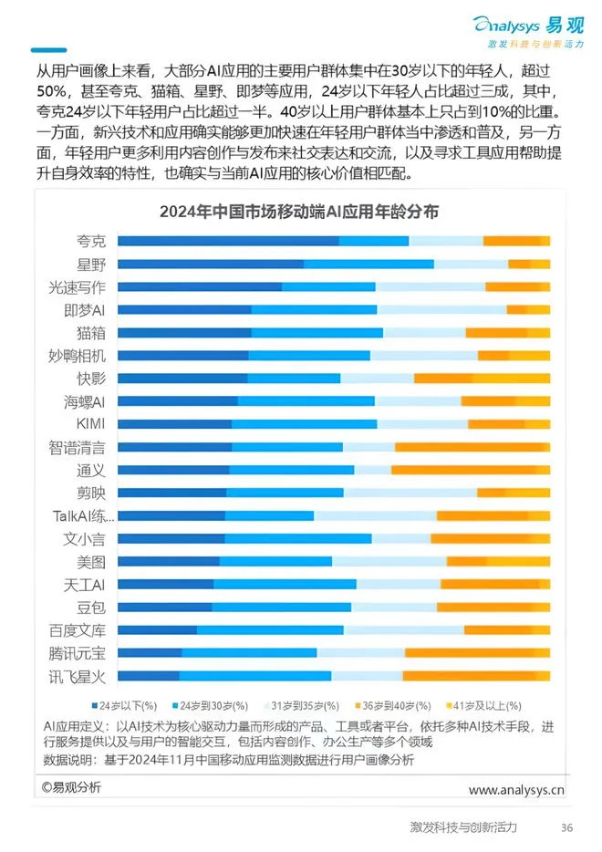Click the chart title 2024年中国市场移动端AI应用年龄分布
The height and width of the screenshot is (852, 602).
pyautogui.click(x=299, y=212)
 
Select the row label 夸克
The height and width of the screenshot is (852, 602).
pyautogui.click(x=91, y=241)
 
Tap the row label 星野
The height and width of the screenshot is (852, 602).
pyautogui.click(x=91, y=264)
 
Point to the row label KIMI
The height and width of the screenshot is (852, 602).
pyautogui.click(x=90, y=423)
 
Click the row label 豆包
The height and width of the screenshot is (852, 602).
pyautogui.click(x=91, y=607)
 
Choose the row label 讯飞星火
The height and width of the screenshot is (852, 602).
pyautogui.click(x=78, y=676)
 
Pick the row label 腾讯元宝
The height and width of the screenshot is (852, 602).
pyautogui.click(x=78, y=653)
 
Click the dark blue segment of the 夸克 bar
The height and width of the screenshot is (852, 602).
pyautogui.click(x=228, y=241)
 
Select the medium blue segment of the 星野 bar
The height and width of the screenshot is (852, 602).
pyautogui.click(x=368, y=264)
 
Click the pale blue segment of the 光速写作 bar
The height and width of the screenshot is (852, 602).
pyautogui.click(x=430, y=286)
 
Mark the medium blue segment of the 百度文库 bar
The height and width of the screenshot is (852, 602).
pyautogui.click(x=270, y=629)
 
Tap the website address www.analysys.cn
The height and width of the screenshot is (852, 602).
pyautogui.click(x=516, y=789)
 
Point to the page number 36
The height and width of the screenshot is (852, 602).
pyautogui.click(x=566, y=827)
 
